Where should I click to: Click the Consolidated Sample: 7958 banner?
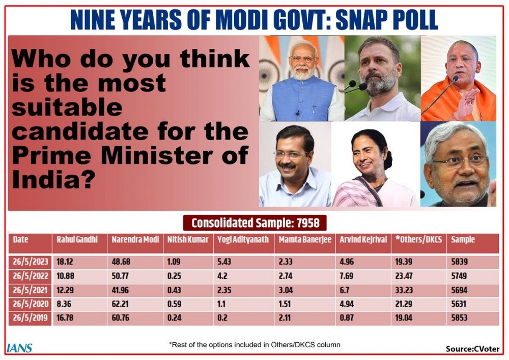tap(254, 223)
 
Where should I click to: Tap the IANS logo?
tap(20, 348)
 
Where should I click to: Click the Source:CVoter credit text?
tap(472, 349)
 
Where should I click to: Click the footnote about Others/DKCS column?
tap(254, 345)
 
